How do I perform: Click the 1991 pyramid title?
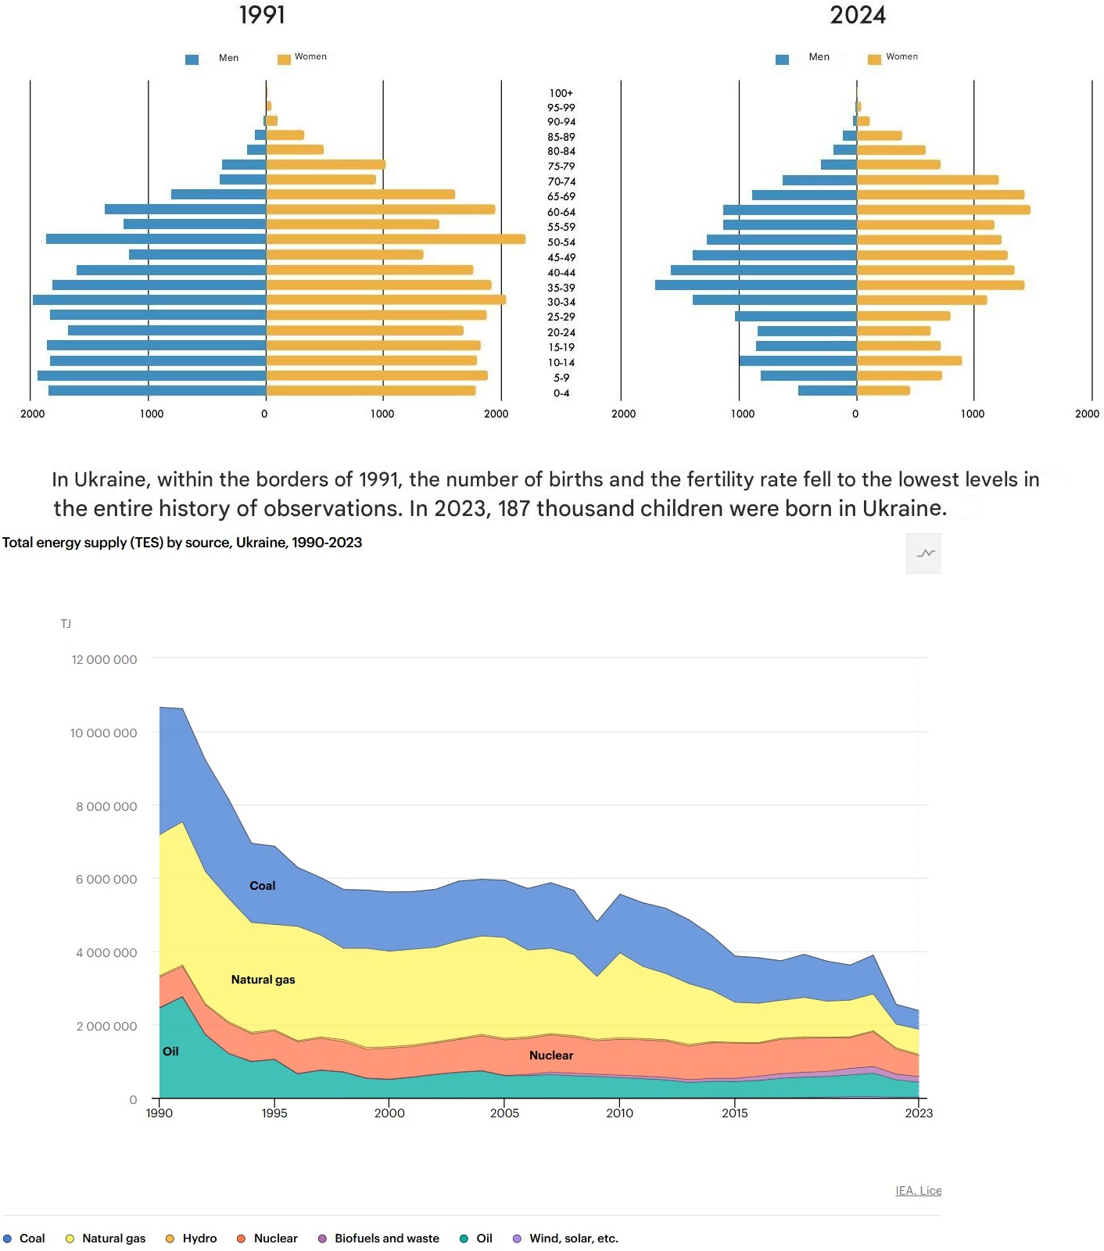[x=262, y=15]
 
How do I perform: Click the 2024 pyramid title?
[x=858, y=15]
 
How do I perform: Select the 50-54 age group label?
[x=561, y=242]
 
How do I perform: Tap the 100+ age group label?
[x=561, y=93]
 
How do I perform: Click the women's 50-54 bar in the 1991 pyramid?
[x=395, y=239]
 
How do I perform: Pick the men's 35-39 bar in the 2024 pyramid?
[x=755, y=285]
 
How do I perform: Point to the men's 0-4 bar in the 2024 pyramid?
[x=827, y=390]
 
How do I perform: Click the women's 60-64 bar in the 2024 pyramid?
[x=943, y=210]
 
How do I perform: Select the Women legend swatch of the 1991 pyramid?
[x=284, y=59]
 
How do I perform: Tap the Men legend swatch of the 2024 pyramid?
[x=782, y=59]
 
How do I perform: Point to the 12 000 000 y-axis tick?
[x=104, y=660]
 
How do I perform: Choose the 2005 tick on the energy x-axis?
[x=504, y=1113]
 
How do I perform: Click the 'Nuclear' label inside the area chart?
[x=551, y=1056]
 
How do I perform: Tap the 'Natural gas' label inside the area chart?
[x=263, y=980]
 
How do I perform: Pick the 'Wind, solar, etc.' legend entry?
[x=565, y=1238]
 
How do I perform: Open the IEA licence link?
[x=918, y=1191]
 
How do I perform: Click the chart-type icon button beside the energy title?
[x=925, y=554]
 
